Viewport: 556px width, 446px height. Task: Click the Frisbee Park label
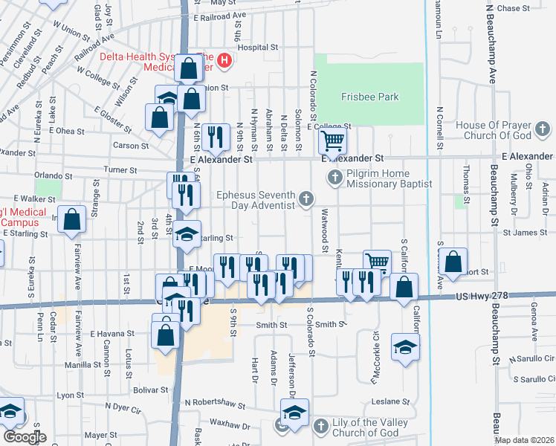369,97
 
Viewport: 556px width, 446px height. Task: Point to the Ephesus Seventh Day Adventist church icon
306,197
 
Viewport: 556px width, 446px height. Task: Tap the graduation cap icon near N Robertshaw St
294,412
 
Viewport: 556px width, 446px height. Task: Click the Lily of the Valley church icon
320,427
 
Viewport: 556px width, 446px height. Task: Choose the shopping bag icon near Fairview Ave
71,219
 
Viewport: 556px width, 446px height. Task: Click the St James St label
525,233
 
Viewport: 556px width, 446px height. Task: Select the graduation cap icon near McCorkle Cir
405,347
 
